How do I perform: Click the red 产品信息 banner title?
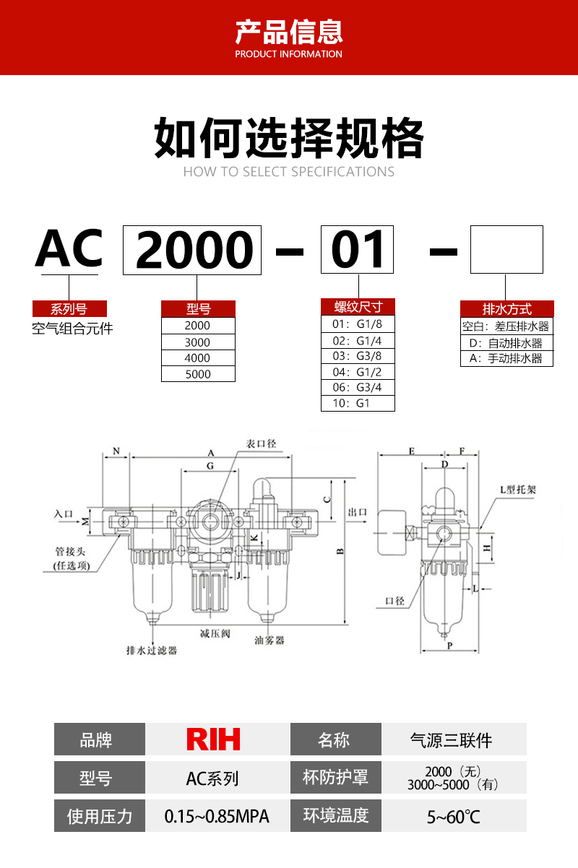(x=289, y=32)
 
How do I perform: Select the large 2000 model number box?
(x=192, y=250)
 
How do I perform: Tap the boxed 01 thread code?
(x=358, y=250)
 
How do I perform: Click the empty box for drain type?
(x=506, y=250)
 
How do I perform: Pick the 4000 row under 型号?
(x=198, y=358)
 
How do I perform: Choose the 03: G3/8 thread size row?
(x=358, y=356)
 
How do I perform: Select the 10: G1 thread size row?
(x=358, y=404)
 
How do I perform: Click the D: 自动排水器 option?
(x=506, y=343)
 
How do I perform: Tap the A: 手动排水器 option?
(x=506, y=359)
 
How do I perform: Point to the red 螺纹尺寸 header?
(x=358, y=306)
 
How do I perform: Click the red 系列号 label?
(x=69, y=309)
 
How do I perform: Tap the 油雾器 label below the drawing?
(x=269, y=640)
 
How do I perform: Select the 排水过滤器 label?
(x=152, y=650)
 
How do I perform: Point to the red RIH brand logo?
(x=213, y=739)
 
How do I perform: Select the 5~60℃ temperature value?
(x=453, y=817)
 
